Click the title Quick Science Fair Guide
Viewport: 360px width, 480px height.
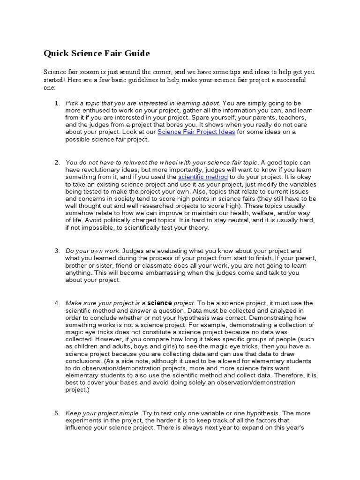(97, 53)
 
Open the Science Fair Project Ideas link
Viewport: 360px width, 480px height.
(196, 132)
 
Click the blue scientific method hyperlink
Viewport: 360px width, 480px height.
(203, 177)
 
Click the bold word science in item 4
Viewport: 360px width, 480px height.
(160, 303)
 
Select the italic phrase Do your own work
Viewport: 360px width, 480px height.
(93, 251)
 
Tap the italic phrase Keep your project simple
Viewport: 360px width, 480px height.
(102, 413)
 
